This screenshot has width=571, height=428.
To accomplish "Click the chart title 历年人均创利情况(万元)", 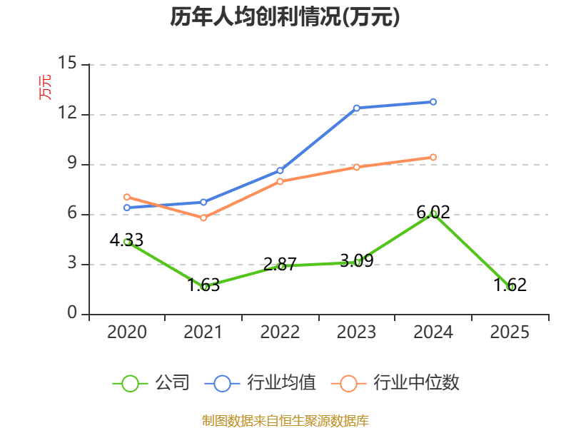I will (285, 17).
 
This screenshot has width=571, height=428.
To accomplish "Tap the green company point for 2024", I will (433, 213).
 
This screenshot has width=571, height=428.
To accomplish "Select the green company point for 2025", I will (510, 287).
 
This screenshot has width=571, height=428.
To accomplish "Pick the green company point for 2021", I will (204, 287).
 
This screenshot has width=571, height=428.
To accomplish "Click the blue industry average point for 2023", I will (357, 108).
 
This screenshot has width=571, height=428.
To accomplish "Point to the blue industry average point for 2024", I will (433, 101).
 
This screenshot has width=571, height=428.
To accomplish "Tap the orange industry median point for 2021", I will (203, 218).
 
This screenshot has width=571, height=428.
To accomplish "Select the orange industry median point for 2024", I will (433, 157).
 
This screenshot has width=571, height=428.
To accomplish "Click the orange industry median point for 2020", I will (126, 197).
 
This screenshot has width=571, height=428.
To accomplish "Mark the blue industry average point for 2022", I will (280, 170).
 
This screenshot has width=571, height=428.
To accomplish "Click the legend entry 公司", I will (151, 383).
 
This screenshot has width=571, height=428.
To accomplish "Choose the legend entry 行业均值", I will (261, 383).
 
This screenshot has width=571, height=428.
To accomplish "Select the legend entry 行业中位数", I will (397, 383).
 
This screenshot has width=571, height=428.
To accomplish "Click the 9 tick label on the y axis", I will (71, 164).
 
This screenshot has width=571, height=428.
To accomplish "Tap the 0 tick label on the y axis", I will (71, 314).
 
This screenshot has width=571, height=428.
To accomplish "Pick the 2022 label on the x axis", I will (280, 332).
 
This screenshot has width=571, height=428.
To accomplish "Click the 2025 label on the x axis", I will (510, 332).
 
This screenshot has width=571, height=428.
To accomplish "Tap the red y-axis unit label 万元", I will (45, 87).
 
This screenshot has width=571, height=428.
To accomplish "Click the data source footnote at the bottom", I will (285, 420).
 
